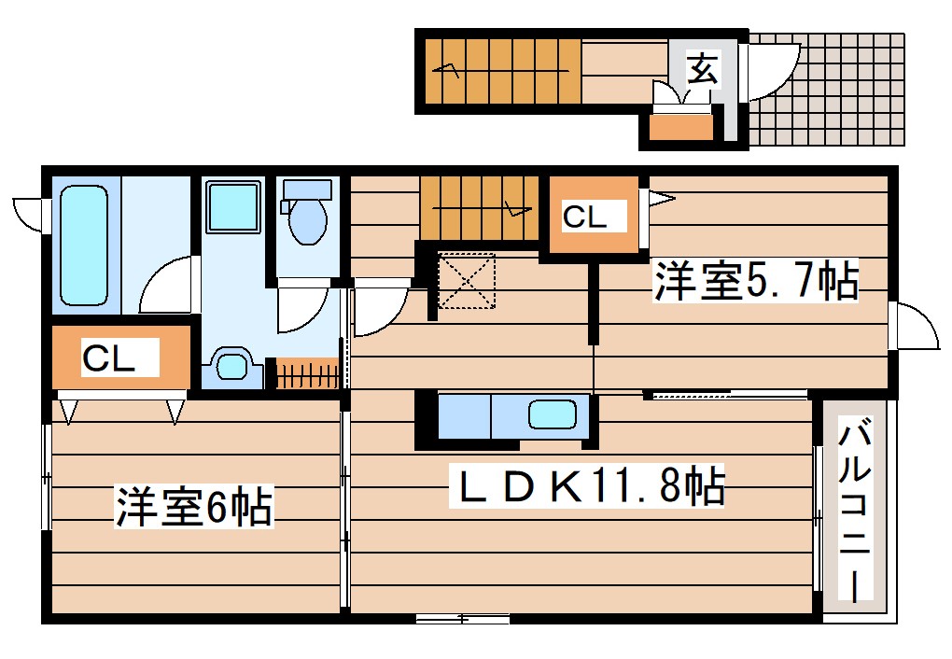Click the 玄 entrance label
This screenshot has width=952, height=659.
pos(704,69)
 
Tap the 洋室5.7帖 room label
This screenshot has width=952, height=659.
pos(754,281)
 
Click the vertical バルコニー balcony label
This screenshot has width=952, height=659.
pos(855,512)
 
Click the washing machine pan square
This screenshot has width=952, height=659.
pos(232,207)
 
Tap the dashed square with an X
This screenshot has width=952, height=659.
pos(467,280)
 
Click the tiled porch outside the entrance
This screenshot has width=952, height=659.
pos(831,89)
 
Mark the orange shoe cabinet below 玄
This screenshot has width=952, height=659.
pos(680,126)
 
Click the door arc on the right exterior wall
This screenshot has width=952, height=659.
pos(917,328)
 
